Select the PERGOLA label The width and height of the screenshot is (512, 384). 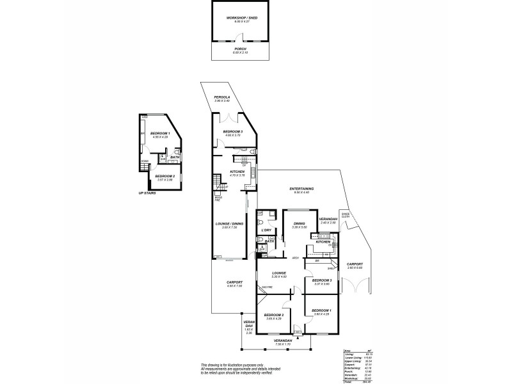point(222,97)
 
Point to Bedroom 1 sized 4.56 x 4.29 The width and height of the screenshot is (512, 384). point(159,133)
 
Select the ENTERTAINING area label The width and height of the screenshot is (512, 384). point(301,189)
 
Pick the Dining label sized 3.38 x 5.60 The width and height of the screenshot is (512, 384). point(300,224)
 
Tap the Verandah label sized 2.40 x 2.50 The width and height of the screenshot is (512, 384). point(328,220)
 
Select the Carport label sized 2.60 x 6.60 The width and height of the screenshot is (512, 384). point(355,264)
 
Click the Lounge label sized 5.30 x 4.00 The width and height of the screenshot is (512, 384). point(278,273)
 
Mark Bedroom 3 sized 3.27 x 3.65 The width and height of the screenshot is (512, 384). point(321,280)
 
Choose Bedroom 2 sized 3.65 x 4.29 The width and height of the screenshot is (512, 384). point(273,315)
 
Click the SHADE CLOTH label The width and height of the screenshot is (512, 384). point(345,215)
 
